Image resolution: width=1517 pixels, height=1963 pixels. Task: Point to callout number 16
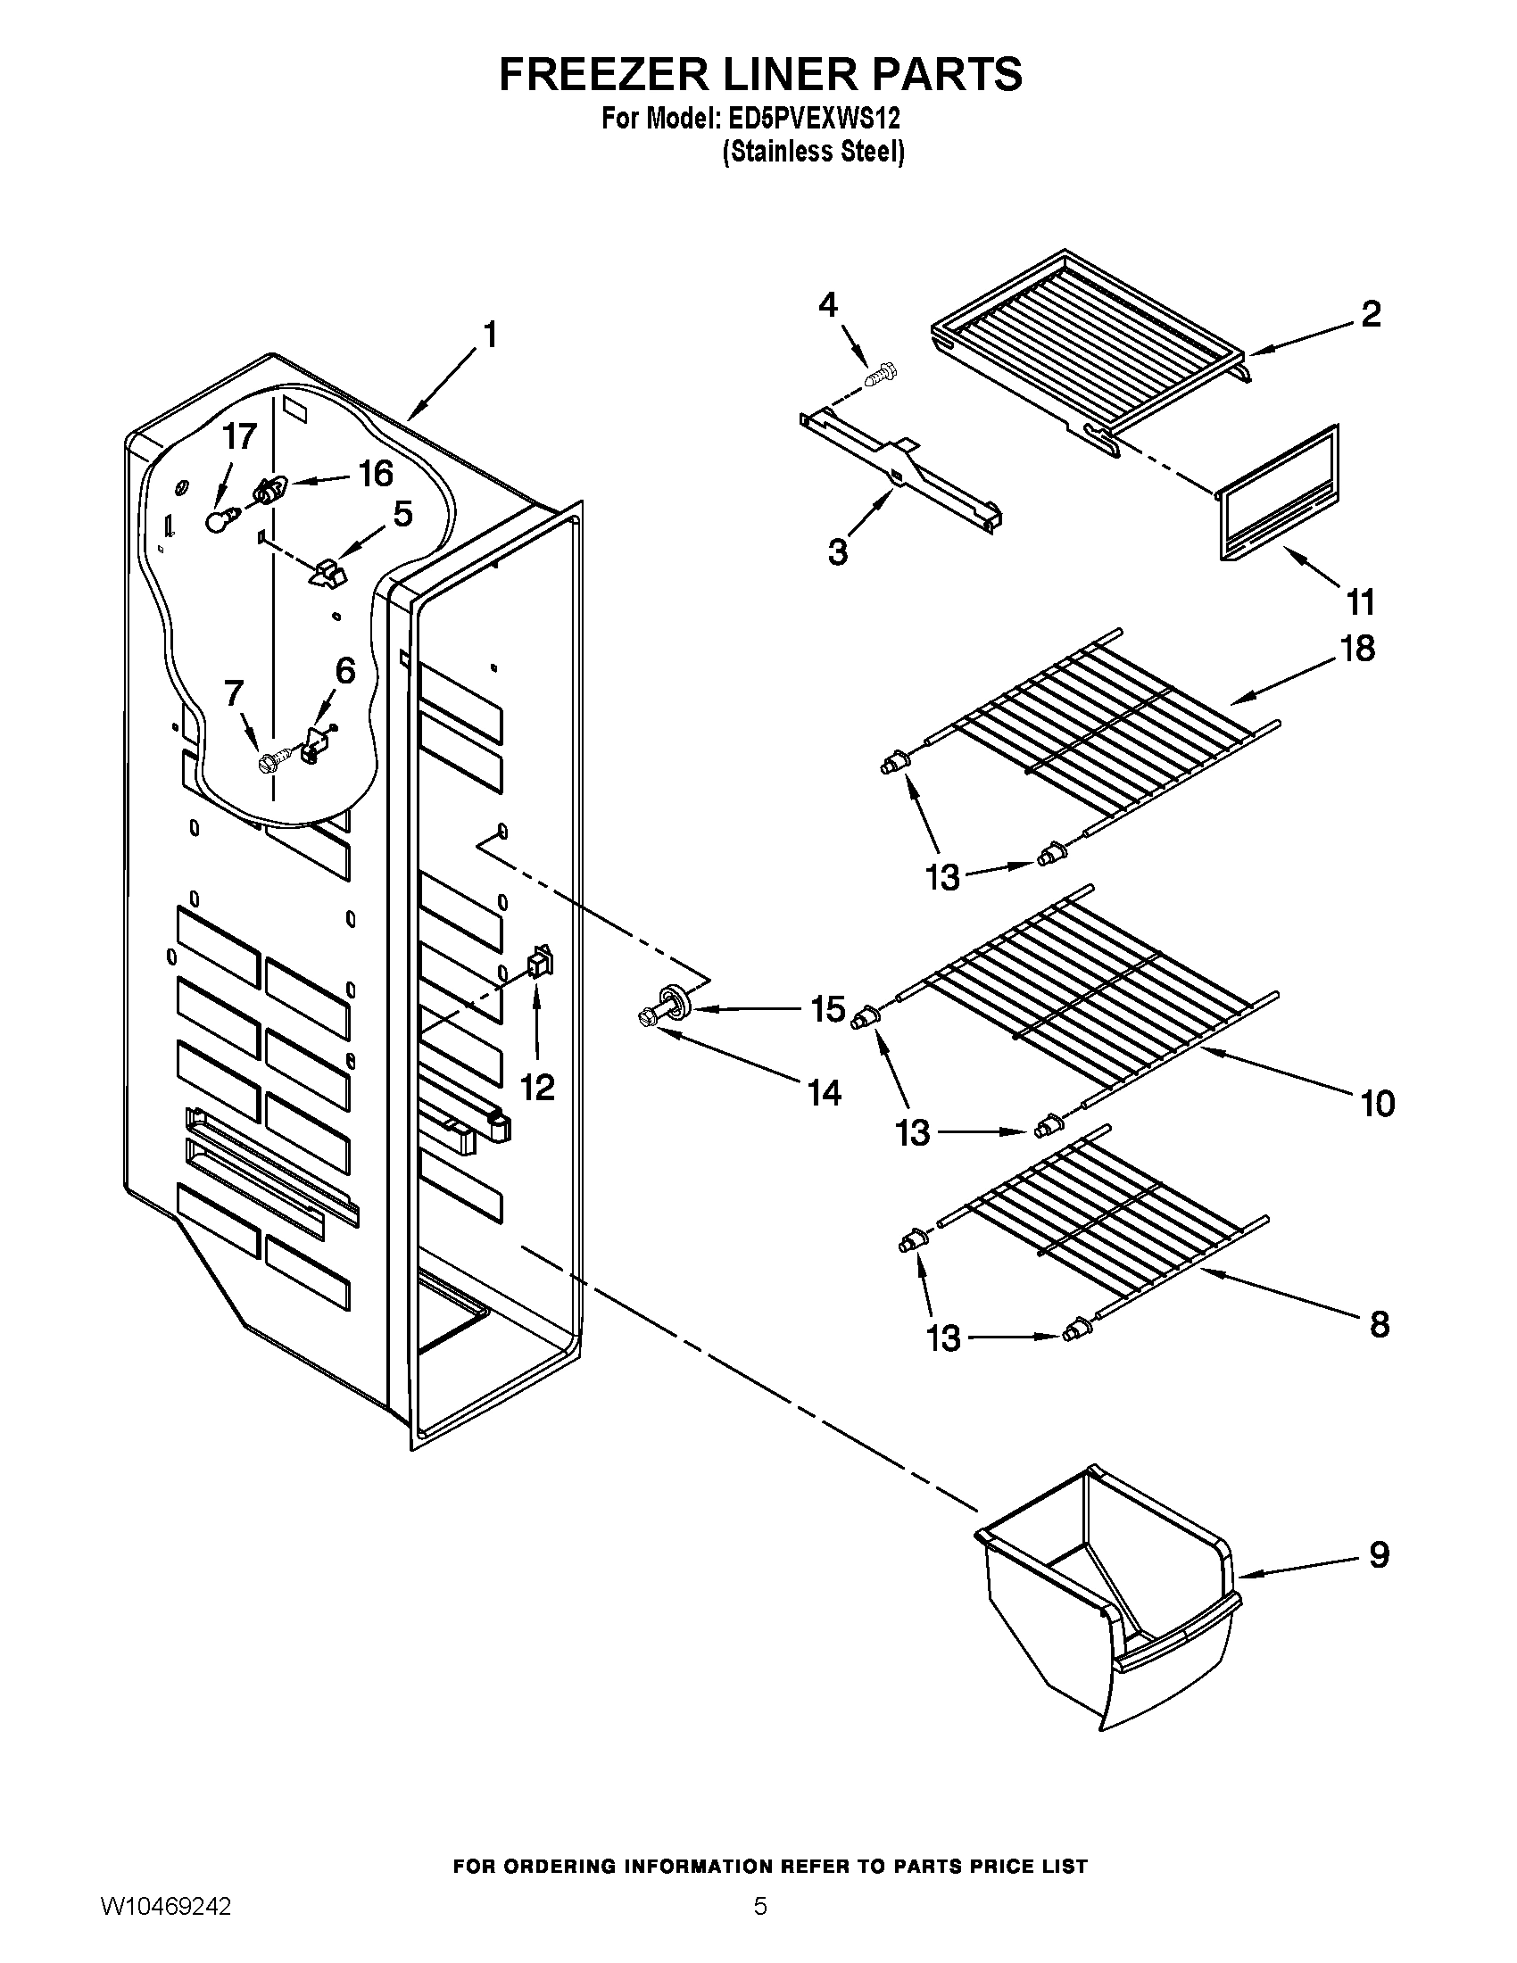376,474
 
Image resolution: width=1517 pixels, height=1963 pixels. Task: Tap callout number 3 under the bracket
838,551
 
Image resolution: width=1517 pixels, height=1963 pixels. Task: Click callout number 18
1358,648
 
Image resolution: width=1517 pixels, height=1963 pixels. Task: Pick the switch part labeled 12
539,963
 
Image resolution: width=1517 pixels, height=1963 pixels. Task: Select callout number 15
827,1009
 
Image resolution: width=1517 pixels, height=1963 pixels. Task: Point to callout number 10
1378,1103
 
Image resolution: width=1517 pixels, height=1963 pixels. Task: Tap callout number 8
1380,1324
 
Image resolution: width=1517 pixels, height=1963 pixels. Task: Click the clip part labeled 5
328,573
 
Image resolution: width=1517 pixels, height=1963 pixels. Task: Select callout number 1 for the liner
490,335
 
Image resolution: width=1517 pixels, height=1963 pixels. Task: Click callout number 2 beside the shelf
1370,315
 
